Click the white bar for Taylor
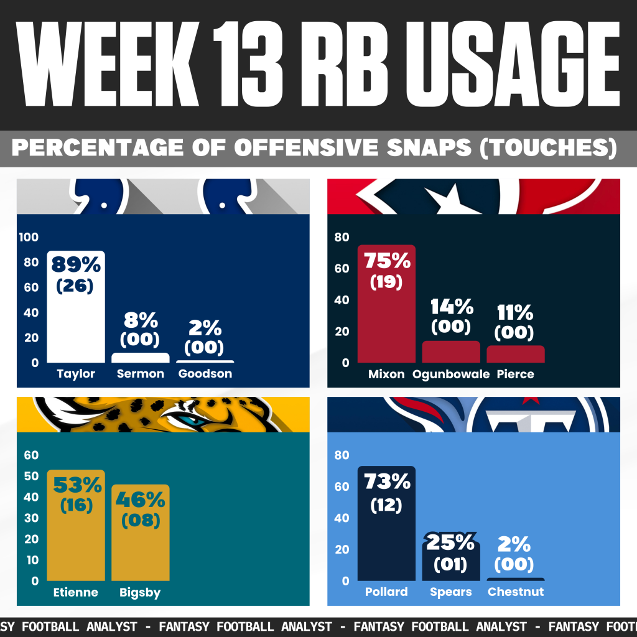click(75, 323)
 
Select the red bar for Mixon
click(386, 323)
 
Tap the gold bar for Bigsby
click(141, 547)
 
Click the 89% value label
click(76, 264)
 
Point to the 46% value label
click(141, 499)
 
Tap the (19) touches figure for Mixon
click(386, 281)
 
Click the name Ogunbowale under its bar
click(451, 374)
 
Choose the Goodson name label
click(205, 374)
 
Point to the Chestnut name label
click(515, 592)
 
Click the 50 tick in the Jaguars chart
click(30, 477)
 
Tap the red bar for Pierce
click(515, 353)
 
